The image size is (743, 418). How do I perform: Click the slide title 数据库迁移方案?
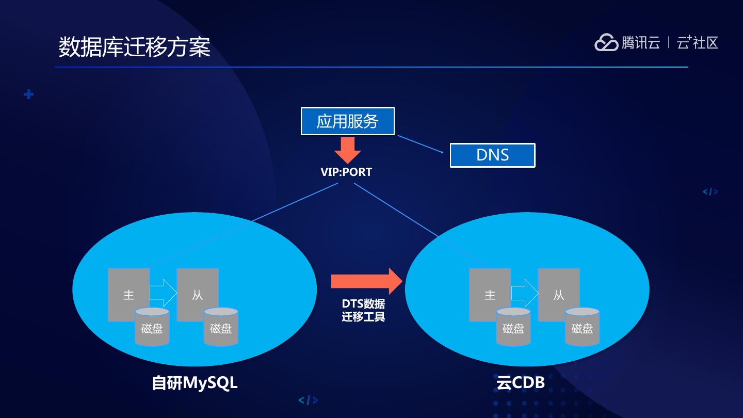134,47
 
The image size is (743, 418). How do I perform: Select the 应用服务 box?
348,121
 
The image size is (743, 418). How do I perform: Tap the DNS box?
493,155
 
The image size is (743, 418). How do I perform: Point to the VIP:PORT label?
346,172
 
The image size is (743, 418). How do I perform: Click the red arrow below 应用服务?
348,150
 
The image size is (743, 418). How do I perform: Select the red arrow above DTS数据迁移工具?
367,281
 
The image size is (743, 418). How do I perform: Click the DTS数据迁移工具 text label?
364,310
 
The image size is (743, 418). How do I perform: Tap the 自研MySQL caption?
195,383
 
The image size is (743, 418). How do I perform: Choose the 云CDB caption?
521,382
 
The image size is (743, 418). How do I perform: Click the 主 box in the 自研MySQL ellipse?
128,294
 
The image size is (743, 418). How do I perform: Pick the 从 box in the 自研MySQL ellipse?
198,294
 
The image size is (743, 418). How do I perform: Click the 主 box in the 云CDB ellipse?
490,294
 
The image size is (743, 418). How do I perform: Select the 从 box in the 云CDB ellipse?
559,294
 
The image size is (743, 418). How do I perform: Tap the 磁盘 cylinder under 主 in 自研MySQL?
152,327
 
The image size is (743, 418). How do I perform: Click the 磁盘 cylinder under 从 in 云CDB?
582,327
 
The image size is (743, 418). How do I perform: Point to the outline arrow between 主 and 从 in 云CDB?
524,293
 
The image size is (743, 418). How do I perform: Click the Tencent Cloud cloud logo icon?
606,42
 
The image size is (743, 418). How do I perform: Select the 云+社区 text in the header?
697,42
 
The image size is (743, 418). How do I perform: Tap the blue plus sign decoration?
29,94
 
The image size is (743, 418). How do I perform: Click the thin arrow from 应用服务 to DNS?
421,144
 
